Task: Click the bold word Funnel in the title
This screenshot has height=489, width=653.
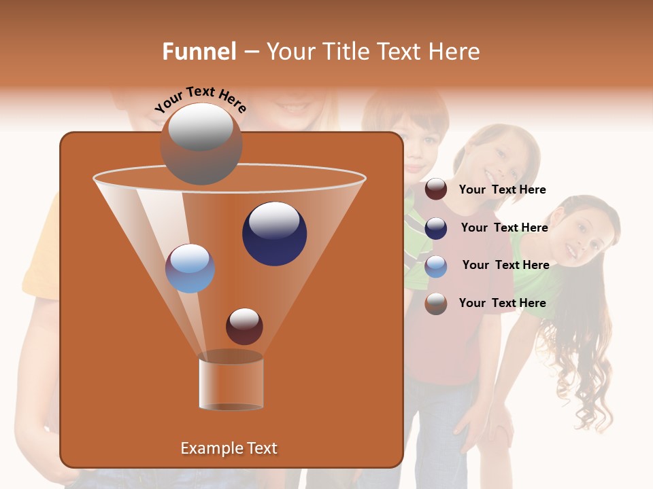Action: click(x=199, y=52)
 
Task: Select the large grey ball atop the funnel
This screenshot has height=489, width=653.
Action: click(x=201, y=143)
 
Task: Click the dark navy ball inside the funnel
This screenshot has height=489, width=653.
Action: click(x=274, y=234)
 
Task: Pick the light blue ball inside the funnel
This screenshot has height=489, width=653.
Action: click(x=190, y=268)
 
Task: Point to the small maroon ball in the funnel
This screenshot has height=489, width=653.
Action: click(x=244, y=326)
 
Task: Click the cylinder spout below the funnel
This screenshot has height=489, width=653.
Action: click(x=231, y=383)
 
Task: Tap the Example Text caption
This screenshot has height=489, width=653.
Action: click(x=229, y=448)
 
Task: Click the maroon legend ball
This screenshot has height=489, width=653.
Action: click(x=436, y=189)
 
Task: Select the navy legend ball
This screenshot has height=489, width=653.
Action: click(x=436, y=228)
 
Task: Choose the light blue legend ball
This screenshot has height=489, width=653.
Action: click(x=436, y=266)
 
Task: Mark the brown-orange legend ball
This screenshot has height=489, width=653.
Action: click(x=436, y=304)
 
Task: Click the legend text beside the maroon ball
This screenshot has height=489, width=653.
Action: click(x=502, y=189)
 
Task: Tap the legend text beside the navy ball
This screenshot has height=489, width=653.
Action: click(x=504, y=228)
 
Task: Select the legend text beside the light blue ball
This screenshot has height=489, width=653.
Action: click(x=505, y=265)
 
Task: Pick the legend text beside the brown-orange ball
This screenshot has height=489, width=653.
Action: click(x=502, y=303)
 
